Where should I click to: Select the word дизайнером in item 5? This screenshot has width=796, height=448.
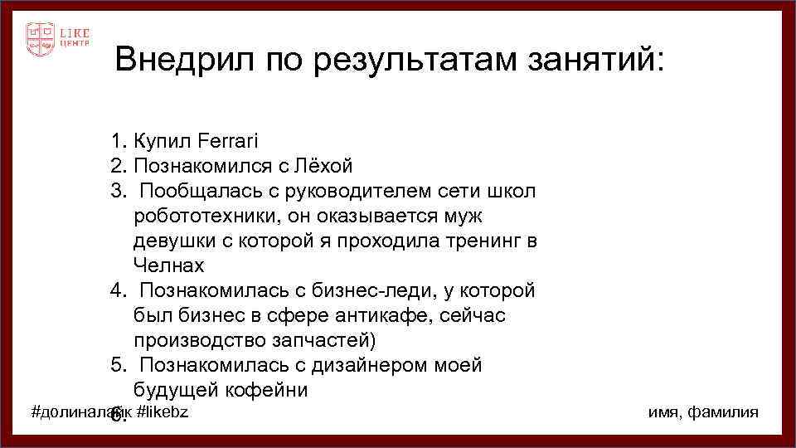pos(366,365)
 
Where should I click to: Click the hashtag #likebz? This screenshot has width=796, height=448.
pos(163,412)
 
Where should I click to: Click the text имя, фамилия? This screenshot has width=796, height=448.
pos(702,412)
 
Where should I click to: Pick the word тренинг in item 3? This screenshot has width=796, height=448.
pos(488,241)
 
